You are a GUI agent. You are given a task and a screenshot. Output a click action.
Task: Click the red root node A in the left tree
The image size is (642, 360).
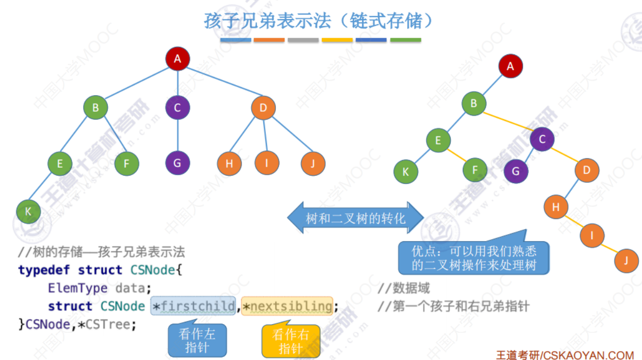(177, 59)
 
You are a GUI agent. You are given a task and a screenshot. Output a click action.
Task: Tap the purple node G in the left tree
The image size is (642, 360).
(177, 163)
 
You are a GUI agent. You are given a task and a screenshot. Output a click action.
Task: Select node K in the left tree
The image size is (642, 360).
(28, 211)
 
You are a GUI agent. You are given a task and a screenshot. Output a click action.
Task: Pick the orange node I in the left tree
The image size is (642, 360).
(264, 163)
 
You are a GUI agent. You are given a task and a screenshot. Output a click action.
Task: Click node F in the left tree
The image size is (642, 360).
(126, 163)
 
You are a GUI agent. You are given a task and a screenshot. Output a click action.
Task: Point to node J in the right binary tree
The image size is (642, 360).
(626, 260)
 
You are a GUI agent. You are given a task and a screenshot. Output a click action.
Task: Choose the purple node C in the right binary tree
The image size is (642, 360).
(542, 139)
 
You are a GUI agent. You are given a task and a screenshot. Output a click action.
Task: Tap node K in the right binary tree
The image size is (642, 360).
(406, 172)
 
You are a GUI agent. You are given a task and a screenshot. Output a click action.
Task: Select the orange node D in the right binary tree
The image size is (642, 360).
(587, 171)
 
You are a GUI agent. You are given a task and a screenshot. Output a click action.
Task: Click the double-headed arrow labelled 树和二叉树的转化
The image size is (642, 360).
(355, 218)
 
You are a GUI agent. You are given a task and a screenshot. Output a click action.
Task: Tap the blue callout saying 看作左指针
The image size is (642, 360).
(197, 340)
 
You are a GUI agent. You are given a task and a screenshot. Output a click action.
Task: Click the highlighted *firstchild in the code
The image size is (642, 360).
(193, 306)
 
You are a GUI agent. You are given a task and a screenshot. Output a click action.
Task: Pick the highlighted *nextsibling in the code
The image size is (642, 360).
(287, 306)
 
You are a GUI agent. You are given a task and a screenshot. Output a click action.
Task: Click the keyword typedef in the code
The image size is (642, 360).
(44, 270)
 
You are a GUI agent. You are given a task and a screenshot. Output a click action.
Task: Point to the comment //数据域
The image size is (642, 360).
(403, 288)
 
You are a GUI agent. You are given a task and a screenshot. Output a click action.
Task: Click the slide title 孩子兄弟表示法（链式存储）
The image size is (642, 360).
(319, 21)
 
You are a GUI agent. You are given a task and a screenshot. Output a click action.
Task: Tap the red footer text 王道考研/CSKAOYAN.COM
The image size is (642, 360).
(564, 355)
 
